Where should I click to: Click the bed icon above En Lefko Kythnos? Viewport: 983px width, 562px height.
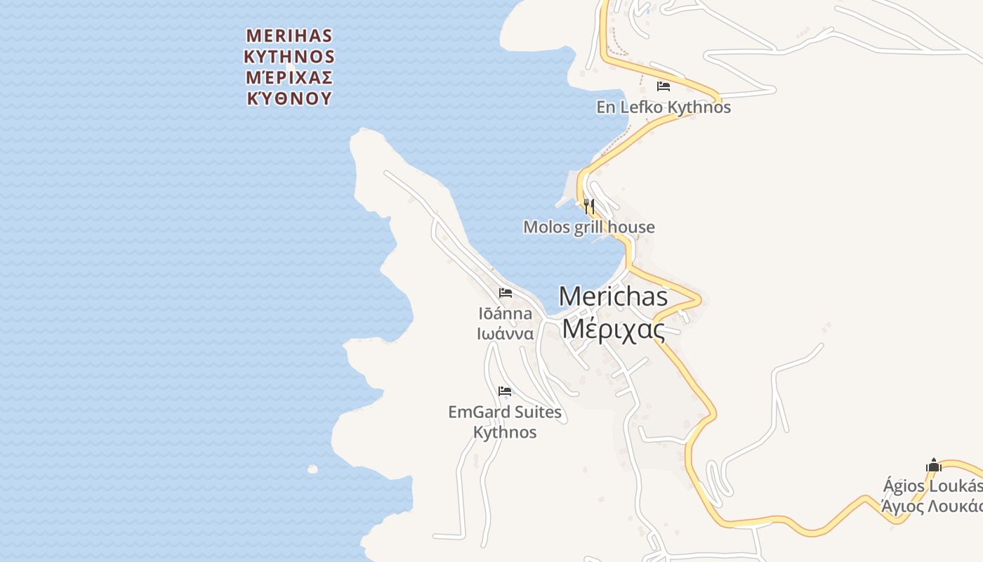664,86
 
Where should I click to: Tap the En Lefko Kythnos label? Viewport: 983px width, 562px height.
664,107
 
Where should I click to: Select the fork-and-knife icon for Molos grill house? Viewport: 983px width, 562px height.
589,207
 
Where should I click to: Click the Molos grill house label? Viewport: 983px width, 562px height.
589,227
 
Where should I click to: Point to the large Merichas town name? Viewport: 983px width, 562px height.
613,296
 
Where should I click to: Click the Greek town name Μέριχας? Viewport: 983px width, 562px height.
613,328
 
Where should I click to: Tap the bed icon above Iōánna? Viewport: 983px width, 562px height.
506,293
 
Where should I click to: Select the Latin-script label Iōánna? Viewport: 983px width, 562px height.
505,313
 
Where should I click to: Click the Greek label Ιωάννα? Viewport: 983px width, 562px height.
505,334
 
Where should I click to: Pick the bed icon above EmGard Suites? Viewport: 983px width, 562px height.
505,391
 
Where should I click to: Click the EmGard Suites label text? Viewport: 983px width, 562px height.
505,412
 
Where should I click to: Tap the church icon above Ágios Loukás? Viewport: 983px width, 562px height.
934,465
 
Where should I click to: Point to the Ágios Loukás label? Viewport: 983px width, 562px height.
932,485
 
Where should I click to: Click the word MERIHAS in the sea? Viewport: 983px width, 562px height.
289,35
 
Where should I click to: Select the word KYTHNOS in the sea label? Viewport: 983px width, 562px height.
289,56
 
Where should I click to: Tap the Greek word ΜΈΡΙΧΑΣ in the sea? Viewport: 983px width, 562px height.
289,77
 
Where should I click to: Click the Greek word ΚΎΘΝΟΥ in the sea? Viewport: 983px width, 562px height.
289,98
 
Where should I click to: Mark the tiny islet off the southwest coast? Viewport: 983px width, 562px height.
312,469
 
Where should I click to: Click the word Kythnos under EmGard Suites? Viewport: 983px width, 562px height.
505,432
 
